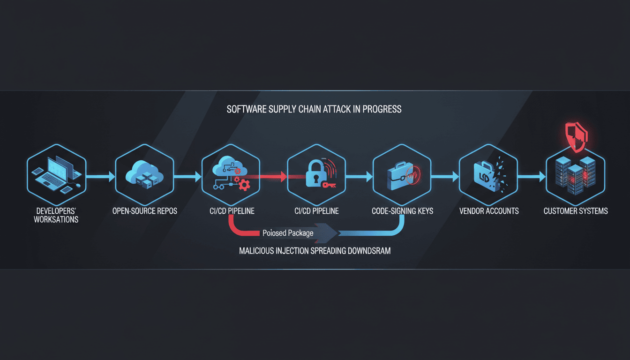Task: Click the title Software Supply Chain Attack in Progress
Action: tap(314, 109)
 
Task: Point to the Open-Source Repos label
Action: tap(145, 211)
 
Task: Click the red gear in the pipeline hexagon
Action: tap(244, 186)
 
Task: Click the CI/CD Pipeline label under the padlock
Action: tap(316, 211)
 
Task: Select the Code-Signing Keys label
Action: tap(403, 211)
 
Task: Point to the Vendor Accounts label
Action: tap(489, 211)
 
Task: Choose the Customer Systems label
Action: tap(576, 211)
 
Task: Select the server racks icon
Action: tap(575, 176)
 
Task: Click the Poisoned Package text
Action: tap(288, 232)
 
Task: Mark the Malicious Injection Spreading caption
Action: tap(315, 251)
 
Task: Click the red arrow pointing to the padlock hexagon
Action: tap(270, 177)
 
